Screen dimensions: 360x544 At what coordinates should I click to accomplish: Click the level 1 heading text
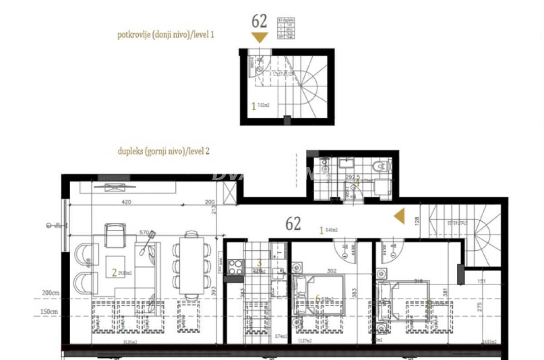[165, 35]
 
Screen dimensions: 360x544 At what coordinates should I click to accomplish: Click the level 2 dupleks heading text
[163, 151]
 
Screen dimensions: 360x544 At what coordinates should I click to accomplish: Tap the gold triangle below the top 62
[259, 37]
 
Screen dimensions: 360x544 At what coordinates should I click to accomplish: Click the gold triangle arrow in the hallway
[399, 216]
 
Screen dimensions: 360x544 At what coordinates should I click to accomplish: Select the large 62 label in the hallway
[293, 224]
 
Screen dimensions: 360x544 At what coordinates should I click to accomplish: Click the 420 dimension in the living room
[126, 202]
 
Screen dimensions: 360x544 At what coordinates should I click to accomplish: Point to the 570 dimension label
[144, 233]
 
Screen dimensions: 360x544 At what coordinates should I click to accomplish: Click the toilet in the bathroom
[378, 168]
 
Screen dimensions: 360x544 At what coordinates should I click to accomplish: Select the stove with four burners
[235, 266]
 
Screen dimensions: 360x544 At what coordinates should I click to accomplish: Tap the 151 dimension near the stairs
[481, 281]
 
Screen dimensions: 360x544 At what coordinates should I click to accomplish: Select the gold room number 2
[114, 272]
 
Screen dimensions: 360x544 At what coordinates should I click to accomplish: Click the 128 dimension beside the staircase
[417, 221]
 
